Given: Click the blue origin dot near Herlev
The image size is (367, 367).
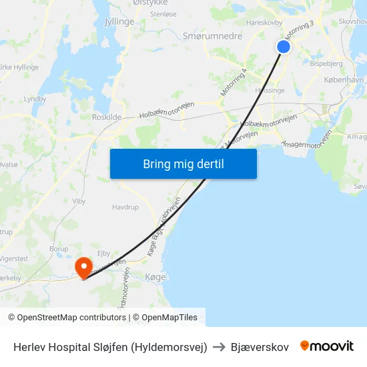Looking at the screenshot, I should point(284,46).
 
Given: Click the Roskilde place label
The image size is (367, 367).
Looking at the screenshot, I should point(107,117).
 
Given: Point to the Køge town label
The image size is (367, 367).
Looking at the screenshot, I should point(155,277).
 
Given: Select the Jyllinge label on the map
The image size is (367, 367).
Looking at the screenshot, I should point(119,21).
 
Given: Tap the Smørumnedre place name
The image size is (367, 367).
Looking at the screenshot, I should point(212,36).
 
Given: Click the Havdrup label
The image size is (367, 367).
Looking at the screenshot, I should point(125,208).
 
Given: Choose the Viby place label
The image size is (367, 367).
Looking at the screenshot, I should point(79,200).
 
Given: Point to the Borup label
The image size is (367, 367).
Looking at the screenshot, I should point(59,249).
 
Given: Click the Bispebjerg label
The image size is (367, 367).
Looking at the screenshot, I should point(326,64).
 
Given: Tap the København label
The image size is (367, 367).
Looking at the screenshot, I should point(344,79).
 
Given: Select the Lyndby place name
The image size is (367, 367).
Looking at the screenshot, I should point(35,99).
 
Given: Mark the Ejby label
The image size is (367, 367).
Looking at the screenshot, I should point(103,254).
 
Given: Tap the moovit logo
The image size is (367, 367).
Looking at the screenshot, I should point(327,346).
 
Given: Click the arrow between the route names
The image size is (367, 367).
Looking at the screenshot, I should point(219,347).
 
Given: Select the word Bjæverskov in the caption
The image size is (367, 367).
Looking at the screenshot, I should point(260,347).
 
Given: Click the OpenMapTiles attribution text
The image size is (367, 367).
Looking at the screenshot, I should point(169,318).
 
